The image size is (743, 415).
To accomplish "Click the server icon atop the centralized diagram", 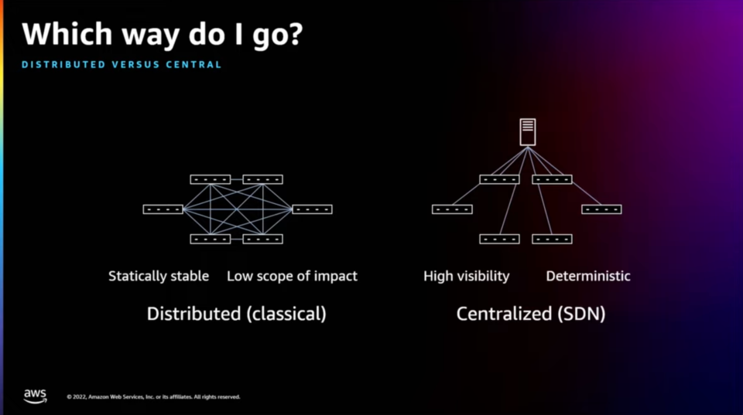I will point(528,132).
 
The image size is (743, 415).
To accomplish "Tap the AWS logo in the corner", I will point(35,395).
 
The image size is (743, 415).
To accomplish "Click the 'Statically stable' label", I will point(159,276).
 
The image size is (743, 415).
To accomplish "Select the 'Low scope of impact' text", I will point(292,276).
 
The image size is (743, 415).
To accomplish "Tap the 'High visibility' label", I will point(467,276).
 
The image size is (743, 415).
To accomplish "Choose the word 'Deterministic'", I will point(588,276).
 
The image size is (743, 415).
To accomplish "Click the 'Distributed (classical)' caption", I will point(237,314).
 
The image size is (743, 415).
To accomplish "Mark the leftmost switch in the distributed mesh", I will point(163,209).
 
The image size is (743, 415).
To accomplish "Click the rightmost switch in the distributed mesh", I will point(312,209).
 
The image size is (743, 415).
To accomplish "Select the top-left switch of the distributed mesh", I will point(210,179).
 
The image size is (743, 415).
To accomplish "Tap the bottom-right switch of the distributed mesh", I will point(263,239).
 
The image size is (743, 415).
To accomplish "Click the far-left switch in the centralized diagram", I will point(452,209).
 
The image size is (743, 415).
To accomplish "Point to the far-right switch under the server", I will point(601,209).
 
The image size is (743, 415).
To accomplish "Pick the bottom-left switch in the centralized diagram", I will point(499,239).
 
